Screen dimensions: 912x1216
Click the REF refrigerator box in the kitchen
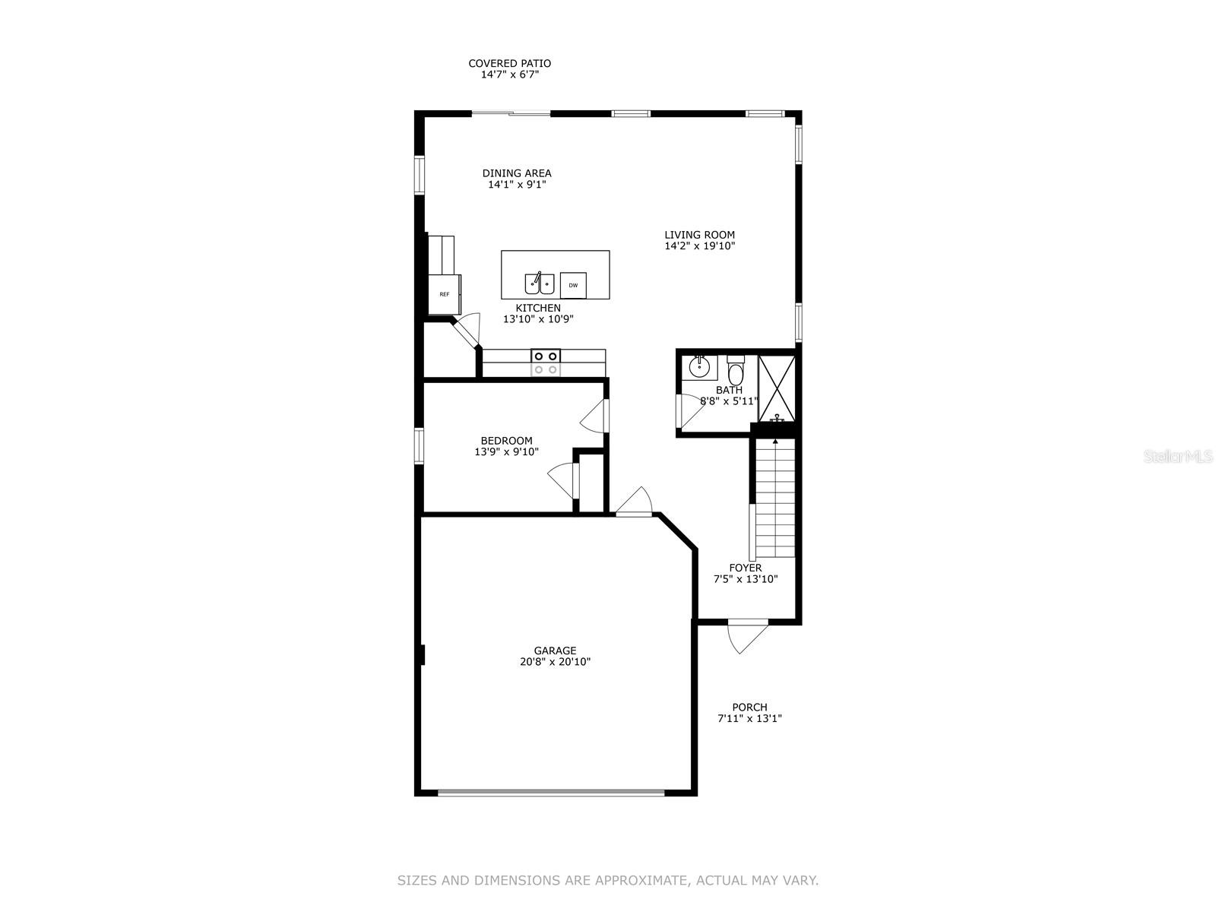point(444,294)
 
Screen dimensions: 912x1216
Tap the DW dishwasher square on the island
point(573,286)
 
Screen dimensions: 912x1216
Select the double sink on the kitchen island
point(539,283)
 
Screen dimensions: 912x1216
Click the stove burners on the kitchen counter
point(546,362)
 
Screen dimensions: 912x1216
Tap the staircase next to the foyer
point(774,498)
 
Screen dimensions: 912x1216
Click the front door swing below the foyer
point(748,636)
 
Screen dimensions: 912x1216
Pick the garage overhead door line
point(551,793)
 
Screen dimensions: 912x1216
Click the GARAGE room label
point(555,651)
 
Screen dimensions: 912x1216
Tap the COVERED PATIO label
point(509,64)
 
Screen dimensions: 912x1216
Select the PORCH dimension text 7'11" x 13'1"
point(749,718)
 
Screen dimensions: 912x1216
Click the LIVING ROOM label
point(699,235)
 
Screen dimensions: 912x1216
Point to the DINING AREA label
point(517,173)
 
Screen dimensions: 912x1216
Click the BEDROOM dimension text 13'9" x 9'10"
point(506,452)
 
